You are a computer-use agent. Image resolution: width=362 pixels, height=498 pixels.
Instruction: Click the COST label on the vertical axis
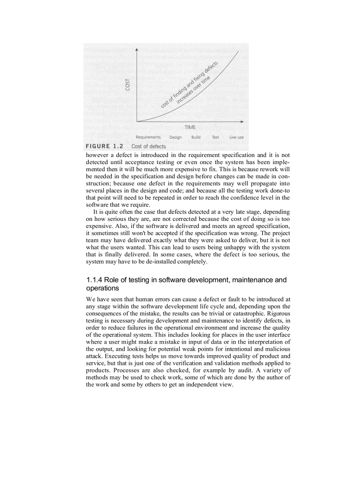(x=128, y=85)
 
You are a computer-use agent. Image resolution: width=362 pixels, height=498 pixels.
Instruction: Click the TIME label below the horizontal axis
(x=190, y=127)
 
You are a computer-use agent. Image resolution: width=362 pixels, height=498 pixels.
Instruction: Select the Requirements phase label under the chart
(x=148, y=137)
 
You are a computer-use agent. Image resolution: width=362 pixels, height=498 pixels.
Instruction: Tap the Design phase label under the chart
(x=175, y=137)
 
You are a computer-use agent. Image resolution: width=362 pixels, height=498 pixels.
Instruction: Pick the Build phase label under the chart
(x=196, y=137)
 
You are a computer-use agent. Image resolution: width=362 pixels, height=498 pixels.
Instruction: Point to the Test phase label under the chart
(x=215, y=137)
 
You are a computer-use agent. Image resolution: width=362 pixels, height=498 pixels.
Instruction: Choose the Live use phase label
(x=236, y=137)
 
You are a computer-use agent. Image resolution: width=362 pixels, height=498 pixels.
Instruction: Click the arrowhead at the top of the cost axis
(x=137, y=49)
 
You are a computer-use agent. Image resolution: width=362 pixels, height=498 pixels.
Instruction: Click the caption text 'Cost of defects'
(x=149, y=146)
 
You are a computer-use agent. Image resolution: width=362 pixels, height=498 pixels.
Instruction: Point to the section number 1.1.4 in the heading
(x=94, y=280)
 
